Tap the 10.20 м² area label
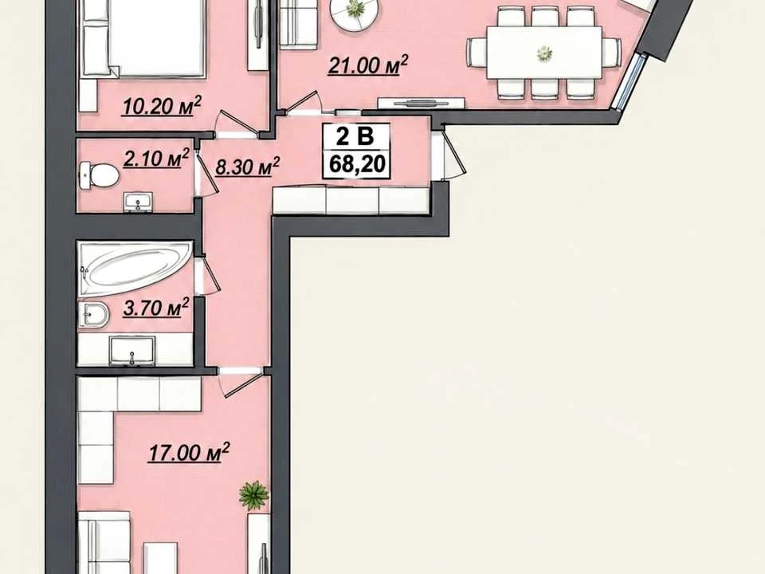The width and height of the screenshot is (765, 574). click(x=162, y=107)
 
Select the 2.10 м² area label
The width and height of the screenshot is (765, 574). click(x=156, y=159)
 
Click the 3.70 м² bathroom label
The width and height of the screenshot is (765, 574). click(x=156, y=309)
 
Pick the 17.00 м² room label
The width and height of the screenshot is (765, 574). click(x=189, y=453)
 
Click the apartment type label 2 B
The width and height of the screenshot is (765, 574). click(x=355, y=136)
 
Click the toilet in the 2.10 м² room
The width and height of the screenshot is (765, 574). click(x=99, y=175)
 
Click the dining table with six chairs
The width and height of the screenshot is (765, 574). click(x=544, y=53)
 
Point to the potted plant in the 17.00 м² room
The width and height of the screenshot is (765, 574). click(x=253, y=495)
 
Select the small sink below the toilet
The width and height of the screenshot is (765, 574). click(x=139, y=202)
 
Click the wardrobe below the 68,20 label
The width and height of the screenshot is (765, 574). click(x=351, y=200)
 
